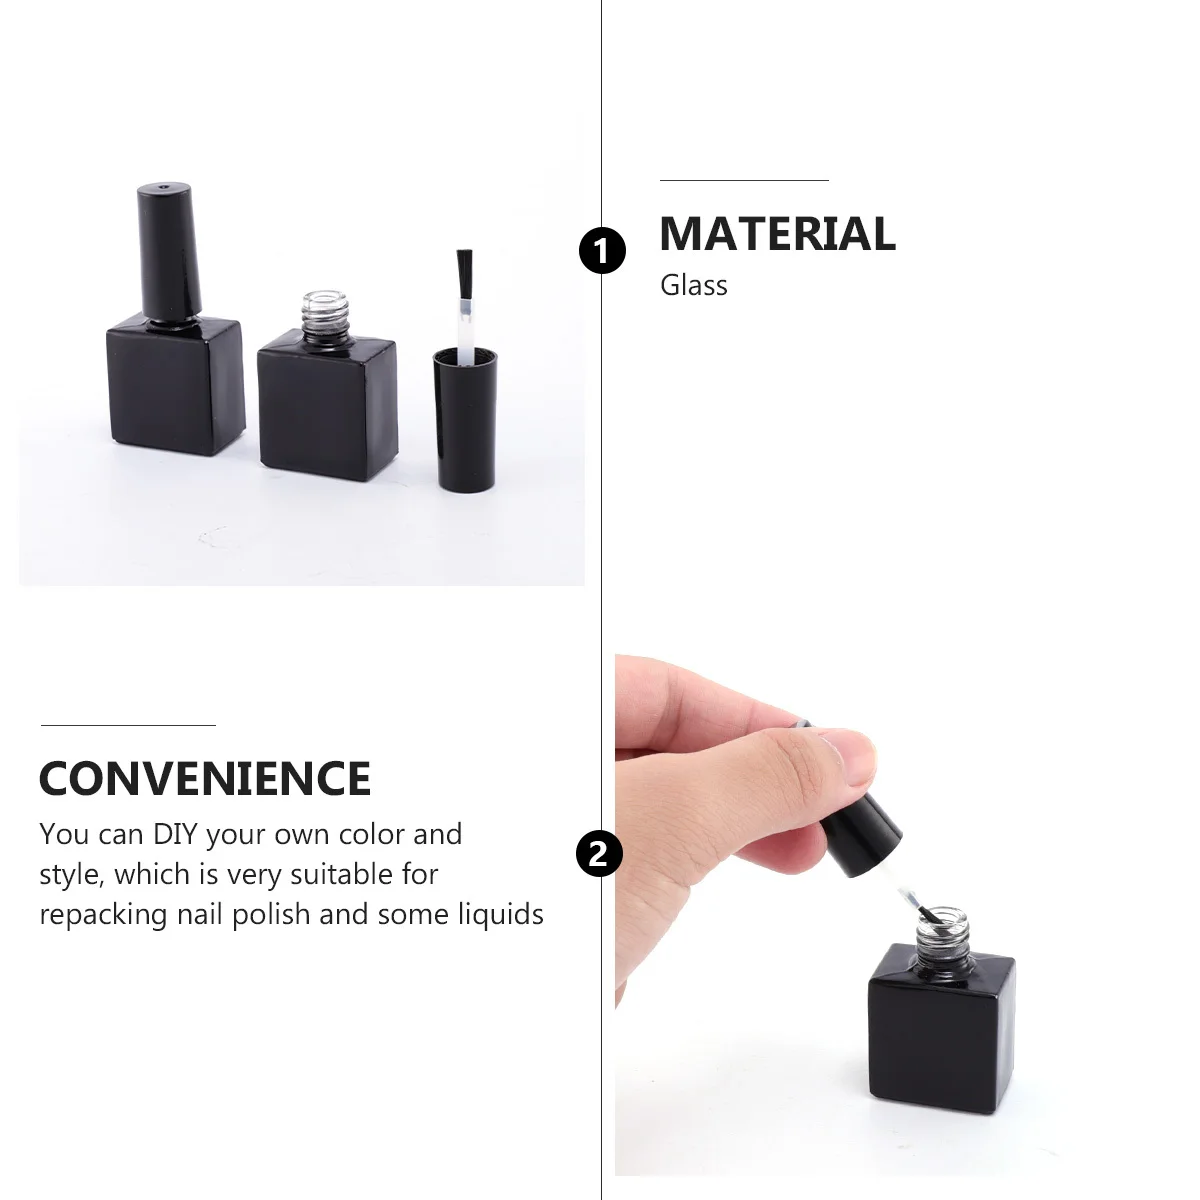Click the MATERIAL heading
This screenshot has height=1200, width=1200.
(777, 234)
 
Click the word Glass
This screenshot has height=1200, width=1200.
(693, 286)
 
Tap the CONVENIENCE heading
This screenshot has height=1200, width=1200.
(205, 779)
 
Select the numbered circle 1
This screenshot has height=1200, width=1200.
(602, 250)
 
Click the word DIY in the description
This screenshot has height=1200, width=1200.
(175, 834)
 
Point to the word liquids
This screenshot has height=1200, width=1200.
(501, 914)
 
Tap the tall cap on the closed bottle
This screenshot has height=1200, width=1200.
(168, 248)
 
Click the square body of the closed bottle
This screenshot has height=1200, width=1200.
(176, 384)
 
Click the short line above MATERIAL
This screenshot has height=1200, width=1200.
(744, 181)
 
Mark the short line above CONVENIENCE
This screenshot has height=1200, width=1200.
(128, 725)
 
